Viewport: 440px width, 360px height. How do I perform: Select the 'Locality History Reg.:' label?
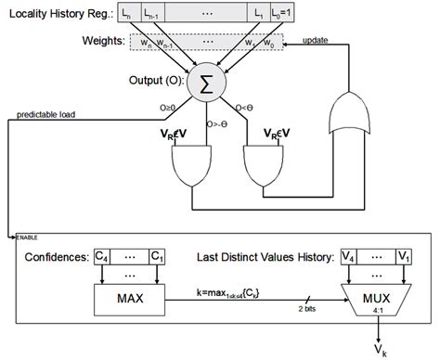58,14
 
